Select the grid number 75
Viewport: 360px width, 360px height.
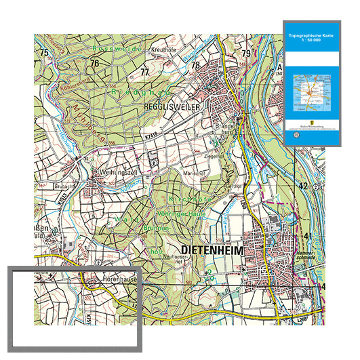point(45,53)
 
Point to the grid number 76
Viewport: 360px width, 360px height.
point(94,63)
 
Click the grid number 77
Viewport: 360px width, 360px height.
point(144,72)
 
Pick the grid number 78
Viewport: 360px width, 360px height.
point(195,65)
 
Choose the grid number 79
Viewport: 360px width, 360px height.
point(246,53)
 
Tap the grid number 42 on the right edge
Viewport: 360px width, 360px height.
point(304,185)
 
